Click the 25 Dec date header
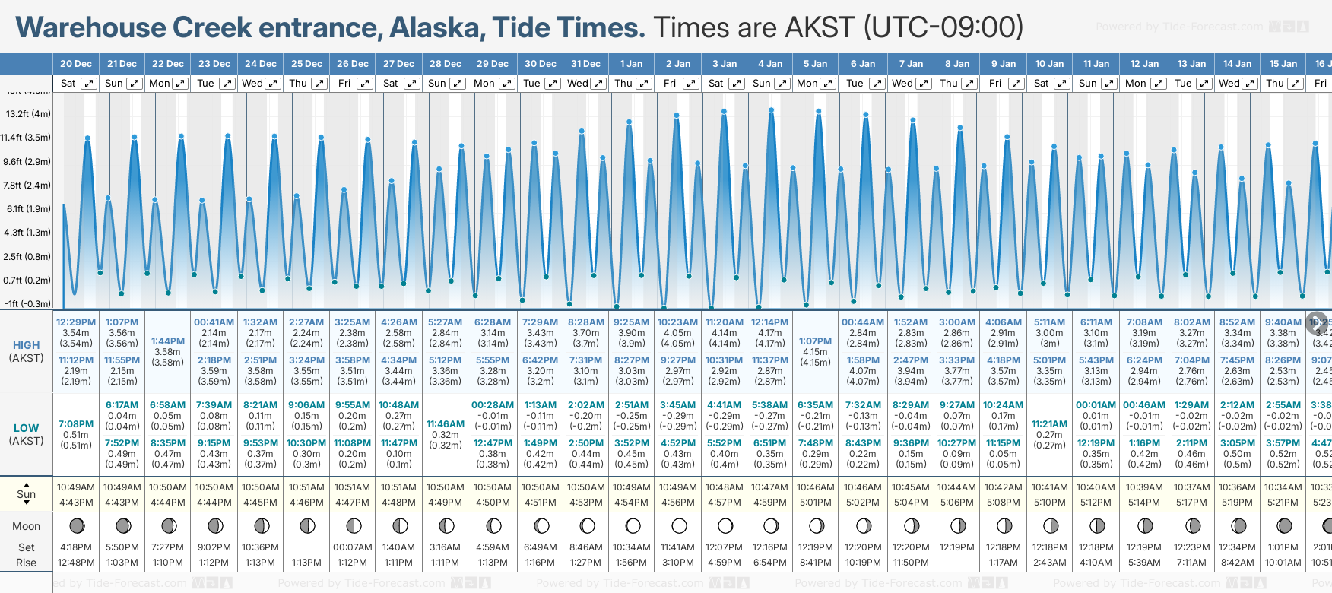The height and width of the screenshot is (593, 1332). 306,64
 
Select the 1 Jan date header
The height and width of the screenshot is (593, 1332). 631,64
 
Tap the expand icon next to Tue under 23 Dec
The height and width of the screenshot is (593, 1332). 227,84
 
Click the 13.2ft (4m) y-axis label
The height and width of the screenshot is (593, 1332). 27,114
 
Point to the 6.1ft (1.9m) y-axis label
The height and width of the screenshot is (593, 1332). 27,208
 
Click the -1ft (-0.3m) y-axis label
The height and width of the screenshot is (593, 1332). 27,303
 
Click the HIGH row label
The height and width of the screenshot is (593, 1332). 26,345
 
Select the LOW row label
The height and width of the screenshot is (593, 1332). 26,428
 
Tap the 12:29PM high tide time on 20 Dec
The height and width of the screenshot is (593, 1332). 76,322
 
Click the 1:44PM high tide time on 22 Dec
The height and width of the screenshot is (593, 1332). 168,341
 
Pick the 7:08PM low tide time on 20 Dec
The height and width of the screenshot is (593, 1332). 76,424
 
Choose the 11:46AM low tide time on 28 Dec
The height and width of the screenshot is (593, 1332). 446,424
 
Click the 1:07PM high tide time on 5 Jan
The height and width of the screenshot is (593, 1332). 816,341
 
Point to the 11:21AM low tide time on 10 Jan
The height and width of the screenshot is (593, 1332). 1050,424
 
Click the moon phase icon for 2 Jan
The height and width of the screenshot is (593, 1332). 679,526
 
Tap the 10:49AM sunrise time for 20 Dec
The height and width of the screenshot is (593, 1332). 76,487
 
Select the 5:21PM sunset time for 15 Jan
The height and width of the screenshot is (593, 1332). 1283,503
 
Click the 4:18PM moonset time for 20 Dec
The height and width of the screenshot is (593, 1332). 76,547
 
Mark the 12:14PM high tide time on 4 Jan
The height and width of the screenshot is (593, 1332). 770,322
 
